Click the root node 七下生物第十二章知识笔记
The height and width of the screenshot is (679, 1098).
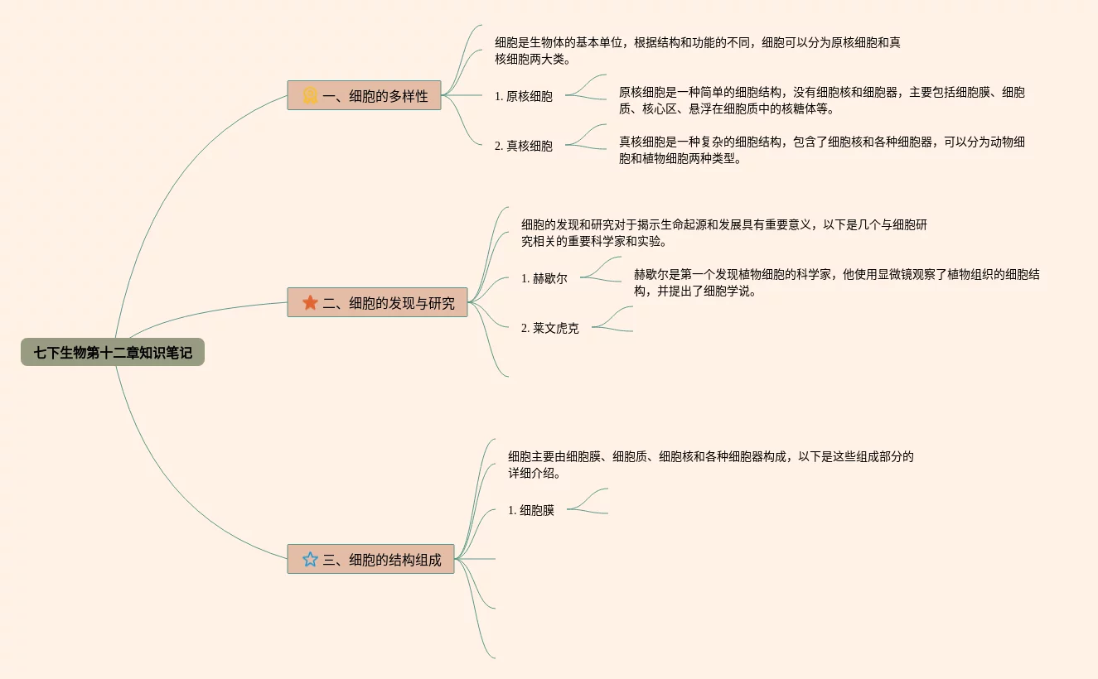pyautogui.click(x=113, y=353)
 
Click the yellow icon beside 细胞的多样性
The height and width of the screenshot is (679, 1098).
pyautogui.click(x=310, y=96)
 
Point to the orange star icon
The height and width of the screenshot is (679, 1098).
pyautogui.click(x=310, y=303)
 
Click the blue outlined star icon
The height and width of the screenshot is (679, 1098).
pyautogui.click(x=310, y=560)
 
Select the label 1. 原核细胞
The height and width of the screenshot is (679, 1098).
pyautogui.click(x=524, y=96)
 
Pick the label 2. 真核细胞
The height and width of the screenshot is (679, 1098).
pyautogui.click(x=524, y=146)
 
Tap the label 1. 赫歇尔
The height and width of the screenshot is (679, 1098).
pyautogui.click(x=544, y=278)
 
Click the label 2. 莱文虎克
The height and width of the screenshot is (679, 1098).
pyautogui.click(x=550, y=328)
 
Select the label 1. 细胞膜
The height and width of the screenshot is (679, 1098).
pyautogui.click(x=531, y=510)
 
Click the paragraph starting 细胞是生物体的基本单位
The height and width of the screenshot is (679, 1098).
pyautogui.click(x=697, y=51)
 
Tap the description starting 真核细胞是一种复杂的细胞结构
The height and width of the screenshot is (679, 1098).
pyautogui.click(x=821, y=150)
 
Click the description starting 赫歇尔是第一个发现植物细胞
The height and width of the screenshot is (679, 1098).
pyautogui.click(x=836, y=282)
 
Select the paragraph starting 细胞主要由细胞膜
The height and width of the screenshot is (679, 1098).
pyautogui.click(x=710, y=465)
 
